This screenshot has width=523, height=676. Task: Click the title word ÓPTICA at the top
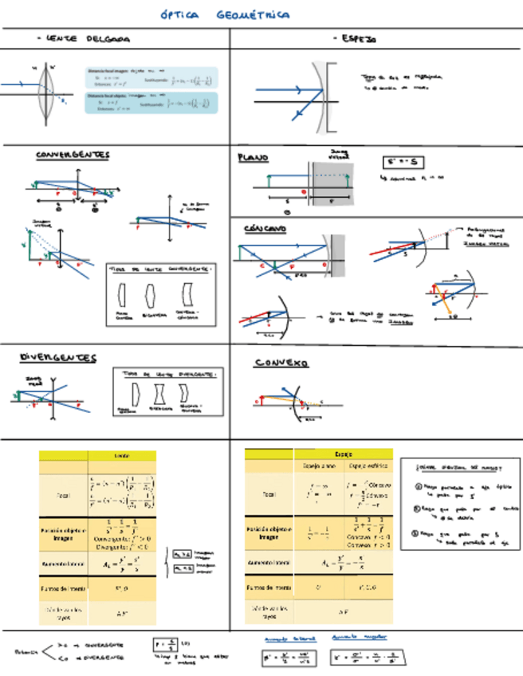pos(176,15)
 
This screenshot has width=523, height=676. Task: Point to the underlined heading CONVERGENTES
pos(73,155)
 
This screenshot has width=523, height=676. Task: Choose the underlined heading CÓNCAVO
pos(265,229)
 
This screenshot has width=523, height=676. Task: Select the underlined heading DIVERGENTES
pos(58,358)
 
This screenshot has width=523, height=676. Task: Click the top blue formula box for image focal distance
pos(151,77)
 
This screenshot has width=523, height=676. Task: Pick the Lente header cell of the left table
pos(122,455)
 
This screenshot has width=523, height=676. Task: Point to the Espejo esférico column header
pos(368,466)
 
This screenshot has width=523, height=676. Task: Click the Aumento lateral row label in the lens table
pos(63,563)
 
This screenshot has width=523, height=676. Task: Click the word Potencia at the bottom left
pos(26,650)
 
